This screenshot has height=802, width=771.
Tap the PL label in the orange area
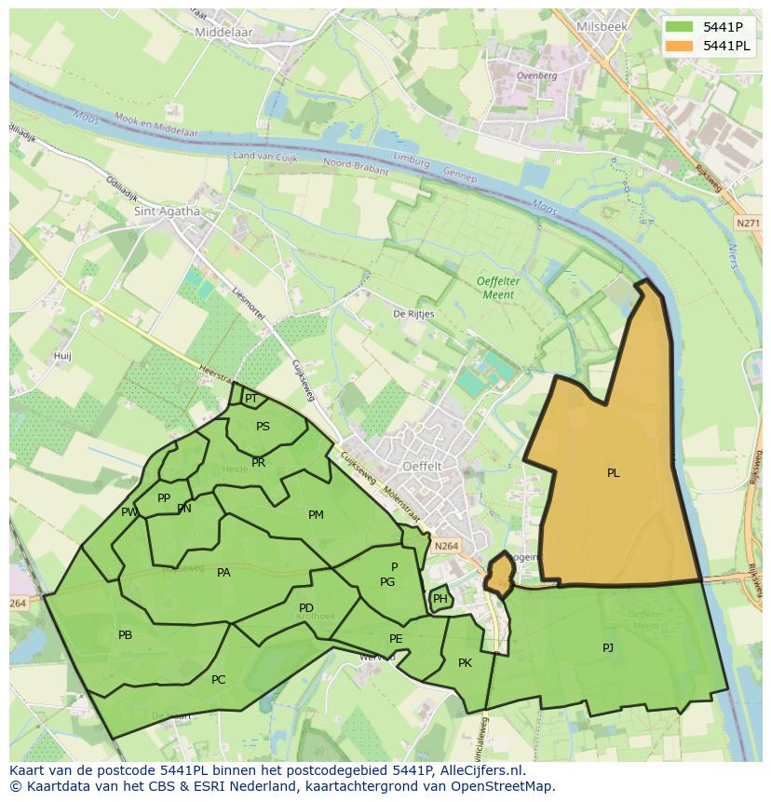[613, 473]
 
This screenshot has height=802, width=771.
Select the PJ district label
[608, 647]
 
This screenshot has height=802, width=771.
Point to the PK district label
[465, 663]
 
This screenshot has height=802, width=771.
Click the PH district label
[440, 599]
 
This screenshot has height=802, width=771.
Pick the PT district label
[250, 399]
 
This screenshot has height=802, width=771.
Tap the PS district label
[263, 427]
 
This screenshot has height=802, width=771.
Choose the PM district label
[316, 515]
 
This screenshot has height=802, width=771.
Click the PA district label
[223, 573]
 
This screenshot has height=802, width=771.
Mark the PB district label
[125, 635]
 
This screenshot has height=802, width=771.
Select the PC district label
[218, 680]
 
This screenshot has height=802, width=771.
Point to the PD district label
[306, 608]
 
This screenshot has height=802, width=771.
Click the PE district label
[396, 639]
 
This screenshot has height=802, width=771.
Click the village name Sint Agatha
[167, 211]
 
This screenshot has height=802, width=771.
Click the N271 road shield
[747, 224]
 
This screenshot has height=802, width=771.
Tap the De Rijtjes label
[413, 314]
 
